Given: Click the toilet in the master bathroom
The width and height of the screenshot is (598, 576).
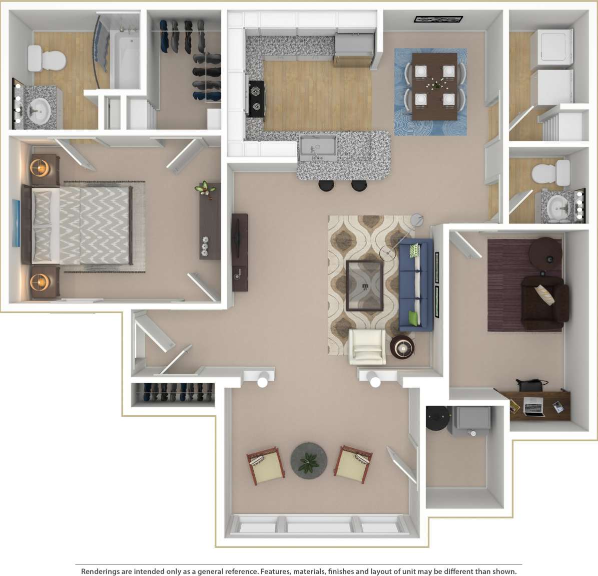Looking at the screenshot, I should pos(46,59).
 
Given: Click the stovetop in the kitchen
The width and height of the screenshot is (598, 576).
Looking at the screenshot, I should pos(256,99).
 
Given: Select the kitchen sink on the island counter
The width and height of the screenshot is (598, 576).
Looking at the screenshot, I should pos(317,147).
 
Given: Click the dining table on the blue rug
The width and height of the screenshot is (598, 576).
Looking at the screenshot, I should pos(434,86).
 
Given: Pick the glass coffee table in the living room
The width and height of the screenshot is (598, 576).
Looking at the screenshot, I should pos(365,286).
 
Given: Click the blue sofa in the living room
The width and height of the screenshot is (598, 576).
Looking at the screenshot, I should pos(416,285).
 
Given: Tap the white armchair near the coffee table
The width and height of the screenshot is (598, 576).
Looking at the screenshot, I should pos(367,347).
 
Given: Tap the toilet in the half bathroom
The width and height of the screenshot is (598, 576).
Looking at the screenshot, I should pos(551,173).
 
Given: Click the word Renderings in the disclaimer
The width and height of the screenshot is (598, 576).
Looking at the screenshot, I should pos(100,571).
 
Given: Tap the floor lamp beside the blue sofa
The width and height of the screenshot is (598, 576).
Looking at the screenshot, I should pos(416,220).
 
